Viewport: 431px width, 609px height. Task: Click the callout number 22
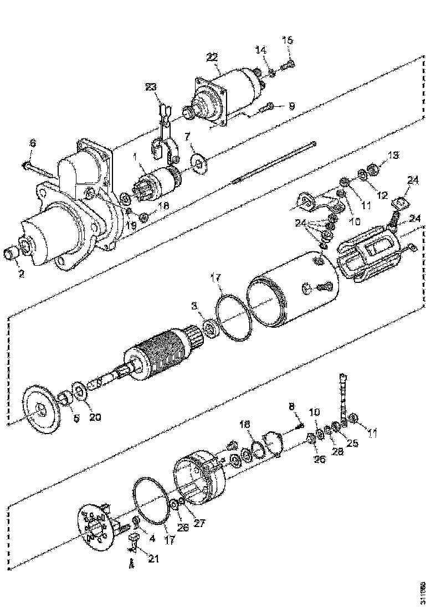point(212,56)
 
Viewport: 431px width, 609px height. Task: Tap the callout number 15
point(288,40)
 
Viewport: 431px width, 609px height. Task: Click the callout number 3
point(194,306)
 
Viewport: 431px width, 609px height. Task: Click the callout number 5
point(76,418)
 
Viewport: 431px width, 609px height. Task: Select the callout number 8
point(291,407)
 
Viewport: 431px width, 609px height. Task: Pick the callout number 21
point(153,559)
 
